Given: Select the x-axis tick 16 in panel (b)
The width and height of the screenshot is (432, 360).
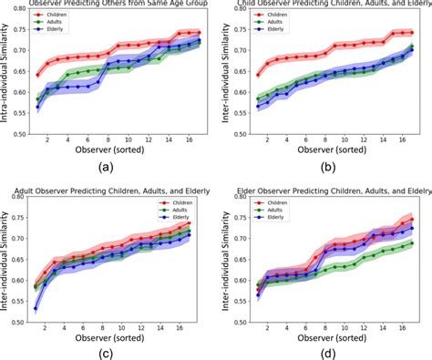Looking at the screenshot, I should click(405, 141).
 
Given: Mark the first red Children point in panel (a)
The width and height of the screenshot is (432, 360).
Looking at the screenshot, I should click(38, 75).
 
